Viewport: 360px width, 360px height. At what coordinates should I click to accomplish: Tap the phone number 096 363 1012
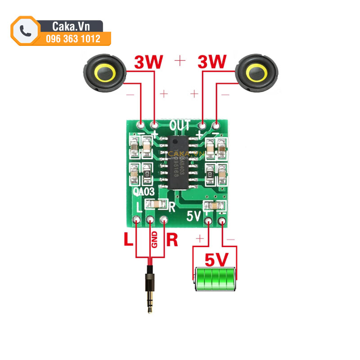[x=73, y=39]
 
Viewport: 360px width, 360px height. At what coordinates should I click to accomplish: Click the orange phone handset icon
[x=25, y=31]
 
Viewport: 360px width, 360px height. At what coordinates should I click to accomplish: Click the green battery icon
[x=215, y=279]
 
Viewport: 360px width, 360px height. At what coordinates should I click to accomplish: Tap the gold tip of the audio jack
[x=150, y=306]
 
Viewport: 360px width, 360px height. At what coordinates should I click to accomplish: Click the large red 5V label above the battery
[x=217, y=260]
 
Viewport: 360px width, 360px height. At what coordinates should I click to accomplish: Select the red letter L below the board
[x=129, y=239]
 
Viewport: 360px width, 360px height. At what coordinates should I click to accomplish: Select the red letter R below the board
[x=172, y=239]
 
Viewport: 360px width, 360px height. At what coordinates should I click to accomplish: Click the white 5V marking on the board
[x=194, y=216]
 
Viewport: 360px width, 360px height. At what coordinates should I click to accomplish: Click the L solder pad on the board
[x=136, y=220]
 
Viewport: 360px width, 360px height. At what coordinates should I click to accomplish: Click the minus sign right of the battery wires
[x=230, y=239]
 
